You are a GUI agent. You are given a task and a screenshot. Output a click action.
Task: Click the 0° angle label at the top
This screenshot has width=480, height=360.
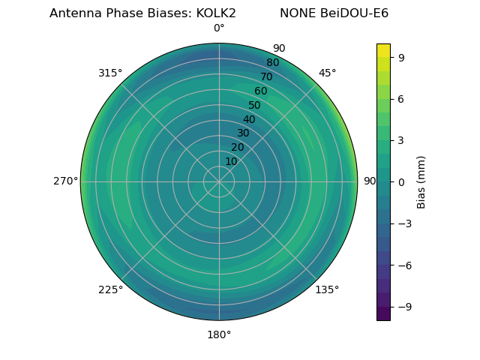[219, 28]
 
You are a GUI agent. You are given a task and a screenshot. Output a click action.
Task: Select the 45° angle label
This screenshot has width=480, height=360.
[327, 73]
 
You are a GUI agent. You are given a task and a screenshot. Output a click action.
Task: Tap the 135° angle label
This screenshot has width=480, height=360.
[327, 289]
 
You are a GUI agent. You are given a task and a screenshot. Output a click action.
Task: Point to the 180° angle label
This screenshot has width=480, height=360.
[219, 334]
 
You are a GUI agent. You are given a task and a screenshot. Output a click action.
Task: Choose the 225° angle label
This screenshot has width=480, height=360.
[110, 289]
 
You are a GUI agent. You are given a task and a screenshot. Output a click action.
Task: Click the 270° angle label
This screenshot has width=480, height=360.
[66, 181]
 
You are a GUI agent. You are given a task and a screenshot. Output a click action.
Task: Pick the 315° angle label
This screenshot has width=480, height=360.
[110, 73]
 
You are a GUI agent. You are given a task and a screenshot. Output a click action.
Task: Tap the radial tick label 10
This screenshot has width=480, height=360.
[231, 161]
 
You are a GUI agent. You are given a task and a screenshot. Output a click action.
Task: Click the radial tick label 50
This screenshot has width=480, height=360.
[254, 105]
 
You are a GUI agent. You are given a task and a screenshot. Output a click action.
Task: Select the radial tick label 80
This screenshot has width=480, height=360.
[272, 62]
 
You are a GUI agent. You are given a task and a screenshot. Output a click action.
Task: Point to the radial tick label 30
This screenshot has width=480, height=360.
[243, 133]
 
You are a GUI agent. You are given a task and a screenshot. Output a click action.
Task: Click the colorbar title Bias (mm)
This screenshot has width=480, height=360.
[421, 181]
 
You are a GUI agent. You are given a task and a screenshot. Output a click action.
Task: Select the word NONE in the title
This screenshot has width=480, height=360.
[298, 13]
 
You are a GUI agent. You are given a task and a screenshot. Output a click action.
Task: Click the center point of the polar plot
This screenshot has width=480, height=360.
[219, 181]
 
